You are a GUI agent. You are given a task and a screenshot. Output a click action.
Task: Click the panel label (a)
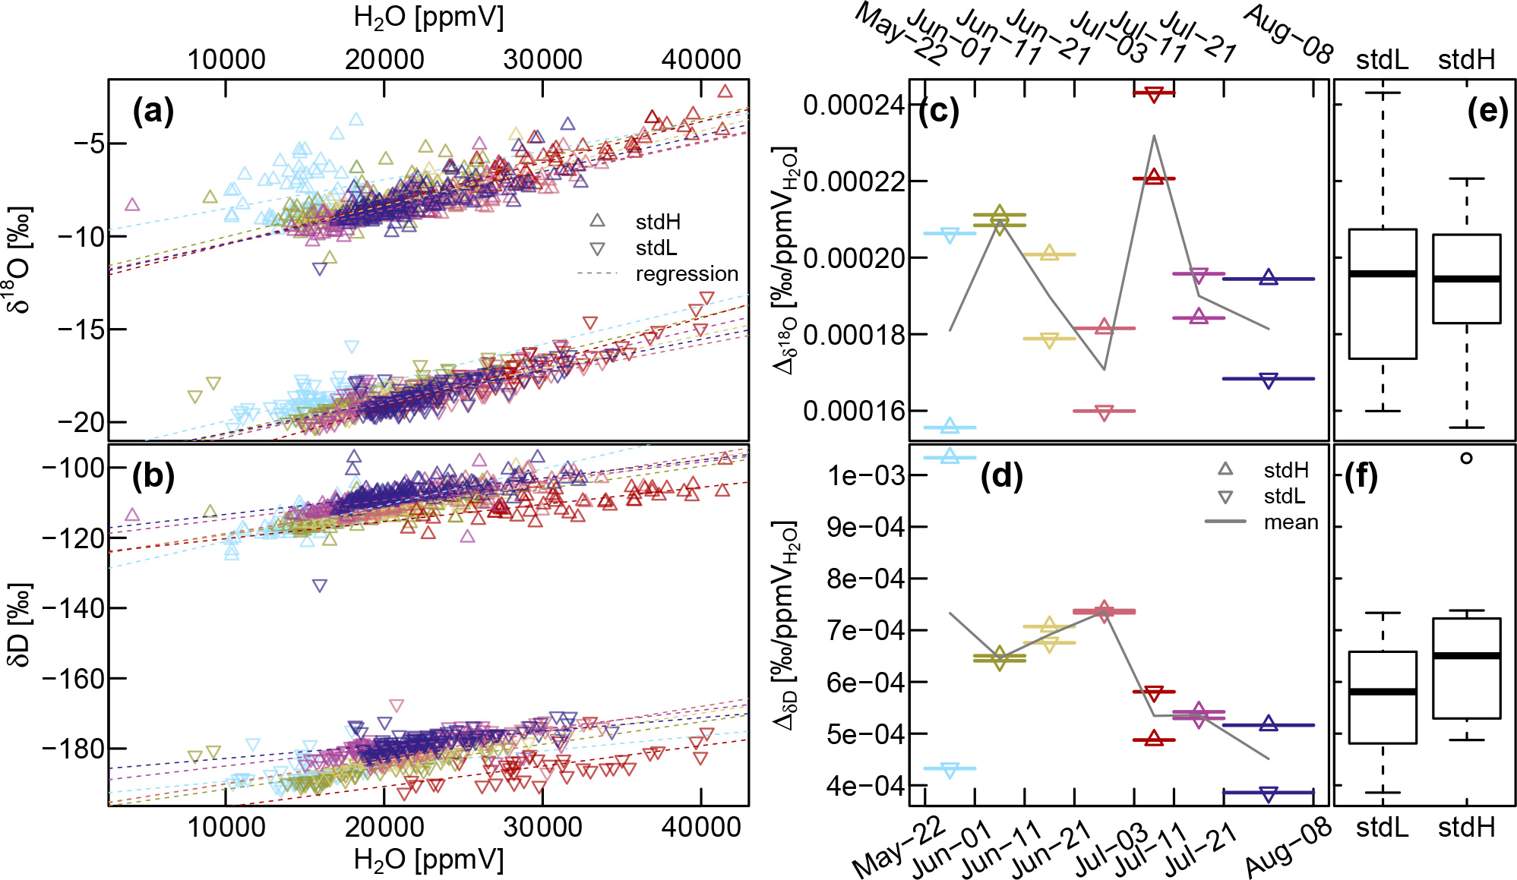click(153, 112)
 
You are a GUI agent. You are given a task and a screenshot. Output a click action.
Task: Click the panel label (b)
click(153, 476)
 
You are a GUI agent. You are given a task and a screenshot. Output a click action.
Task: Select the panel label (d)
click(1001, 476)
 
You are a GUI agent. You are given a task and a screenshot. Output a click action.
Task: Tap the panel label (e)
click(1487, 112)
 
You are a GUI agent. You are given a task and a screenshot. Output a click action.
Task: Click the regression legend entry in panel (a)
click(686, 273)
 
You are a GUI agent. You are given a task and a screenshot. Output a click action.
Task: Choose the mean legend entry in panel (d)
click(1291, 522)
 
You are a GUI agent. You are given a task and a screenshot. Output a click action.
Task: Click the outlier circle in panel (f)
click(1466, 458)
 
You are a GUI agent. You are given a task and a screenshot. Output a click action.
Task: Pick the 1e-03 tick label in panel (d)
click(866, 475)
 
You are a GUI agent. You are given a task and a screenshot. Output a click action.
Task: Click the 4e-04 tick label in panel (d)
click(866, 785)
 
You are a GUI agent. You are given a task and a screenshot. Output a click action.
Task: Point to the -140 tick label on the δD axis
click(73, 608)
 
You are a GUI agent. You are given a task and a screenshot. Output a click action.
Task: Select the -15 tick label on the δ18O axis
click(81, 330)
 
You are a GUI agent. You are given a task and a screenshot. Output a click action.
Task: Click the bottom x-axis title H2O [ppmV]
click(428, 860)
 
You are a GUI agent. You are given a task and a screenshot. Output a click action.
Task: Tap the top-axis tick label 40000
click(700, 59)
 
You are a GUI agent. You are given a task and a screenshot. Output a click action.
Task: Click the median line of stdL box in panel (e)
click(1383, 273)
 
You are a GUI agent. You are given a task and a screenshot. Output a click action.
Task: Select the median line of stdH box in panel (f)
click(1466, 655)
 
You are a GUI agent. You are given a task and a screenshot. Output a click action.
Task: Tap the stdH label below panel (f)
click(1466, 827)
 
